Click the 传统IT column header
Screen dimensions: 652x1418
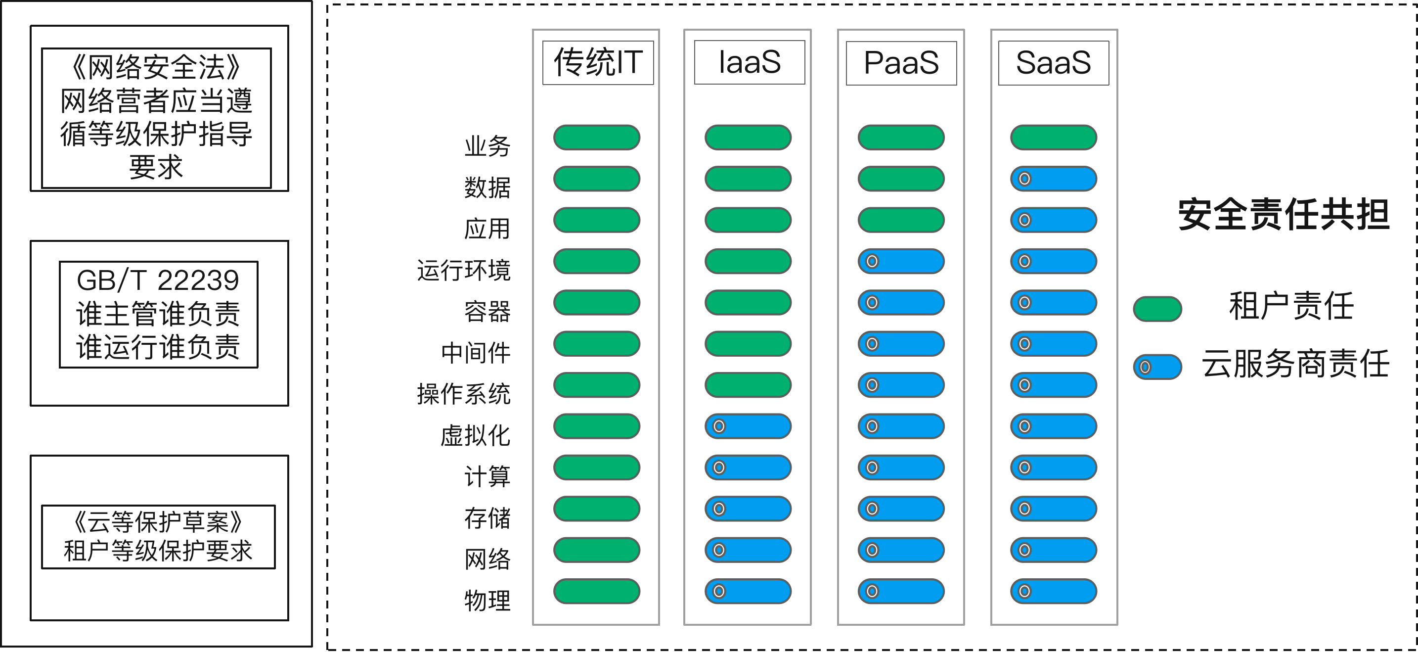[598, 62]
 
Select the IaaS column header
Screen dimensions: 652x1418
[749, 62]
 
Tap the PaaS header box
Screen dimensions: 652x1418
[901, 63]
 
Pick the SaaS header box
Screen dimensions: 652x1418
[1054, 63]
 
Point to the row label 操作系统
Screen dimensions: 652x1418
[463, 394]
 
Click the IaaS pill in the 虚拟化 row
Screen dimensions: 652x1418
[748, 426]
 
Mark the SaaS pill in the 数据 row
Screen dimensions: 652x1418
[1054, 179]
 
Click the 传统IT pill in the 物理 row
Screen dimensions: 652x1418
[597, 591]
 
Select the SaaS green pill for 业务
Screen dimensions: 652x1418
[1054, 137]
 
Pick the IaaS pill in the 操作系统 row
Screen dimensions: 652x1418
[748, 385]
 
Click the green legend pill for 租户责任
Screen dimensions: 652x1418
[1157, 308]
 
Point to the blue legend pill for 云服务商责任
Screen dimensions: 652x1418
[1157, 367]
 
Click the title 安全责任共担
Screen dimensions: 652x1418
[1284, 215]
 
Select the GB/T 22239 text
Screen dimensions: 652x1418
[158, 281]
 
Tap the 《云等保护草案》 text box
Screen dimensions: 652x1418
[158, 536]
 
